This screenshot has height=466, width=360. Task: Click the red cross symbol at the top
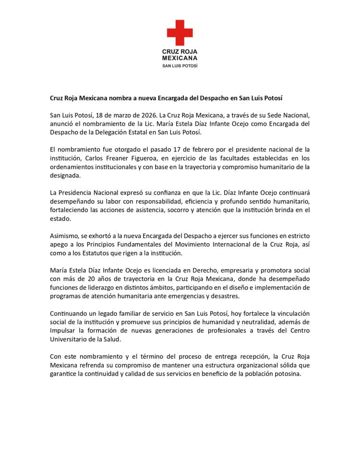coord(180,32)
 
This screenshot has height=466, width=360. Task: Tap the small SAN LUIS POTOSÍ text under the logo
coord(180,65)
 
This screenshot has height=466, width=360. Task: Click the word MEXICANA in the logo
coord(180,58)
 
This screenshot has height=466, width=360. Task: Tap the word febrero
coord(189,149)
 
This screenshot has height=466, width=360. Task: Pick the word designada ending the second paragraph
coord(65,175)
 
